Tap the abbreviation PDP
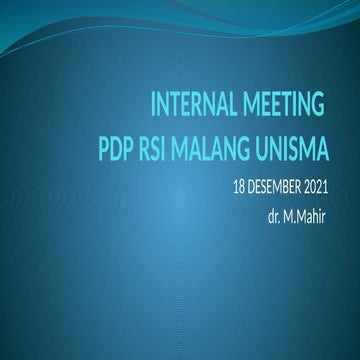(x=118, y=153)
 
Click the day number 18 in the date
(x=239, y=188)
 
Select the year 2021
(x=338, y=188)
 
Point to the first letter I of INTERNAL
(x=152, y=103)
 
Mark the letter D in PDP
(x=118, y=153)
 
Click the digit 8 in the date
(x=242, y=188)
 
